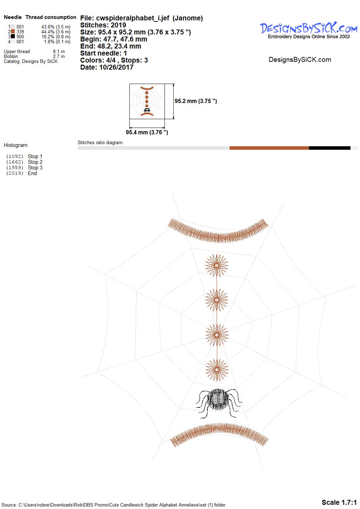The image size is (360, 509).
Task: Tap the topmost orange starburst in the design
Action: [217, 265]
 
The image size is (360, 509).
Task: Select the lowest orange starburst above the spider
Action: [217, 370]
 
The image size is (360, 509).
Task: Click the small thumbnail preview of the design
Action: [147, 101]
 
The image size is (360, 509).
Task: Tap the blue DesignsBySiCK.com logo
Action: [309, 28]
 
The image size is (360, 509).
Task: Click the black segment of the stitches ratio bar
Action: [329, 148]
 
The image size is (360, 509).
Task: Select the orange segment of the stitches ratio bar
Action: [269, 148]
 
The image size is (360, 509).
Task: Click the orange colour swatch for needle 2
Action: [13, 31]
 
